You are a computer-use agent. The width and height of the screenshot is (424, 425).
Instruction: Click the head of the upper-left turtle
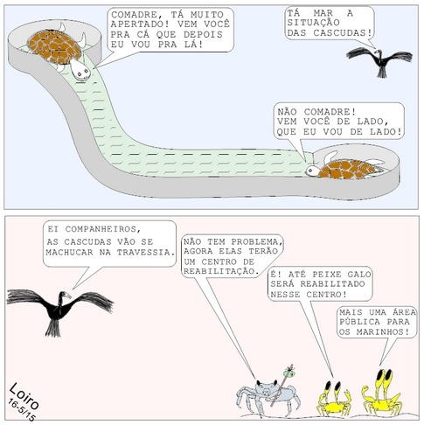pos(80,70)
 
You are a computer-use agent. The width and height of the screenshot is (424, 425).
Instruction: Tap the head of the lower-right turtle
pos(313,171)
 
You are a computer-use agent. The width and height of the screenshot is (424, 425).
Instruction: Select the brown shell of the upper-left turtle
pos(54,46)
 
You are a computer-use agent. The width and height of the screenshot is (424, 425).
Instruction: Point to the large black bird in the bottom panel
pos(59,310)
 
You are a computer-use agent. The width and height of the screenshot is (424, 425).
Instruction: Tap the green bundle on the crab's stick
pos(289,372)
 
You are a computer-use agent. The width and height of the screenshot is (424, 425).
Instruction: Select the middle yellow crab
pos(334,400)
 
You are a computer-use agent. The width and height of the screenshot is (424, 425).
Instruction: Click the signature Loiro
pos(24,396)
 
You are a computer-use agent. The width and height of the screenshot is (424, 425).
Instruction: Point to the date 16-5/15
pos(21,410)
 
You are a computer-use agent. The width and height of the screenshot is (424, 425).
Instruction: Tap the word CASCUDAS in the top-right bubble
pos(344,32)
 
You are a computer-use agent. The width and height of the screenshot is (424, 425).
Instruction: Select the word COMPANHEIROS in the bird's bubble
pos(102,229)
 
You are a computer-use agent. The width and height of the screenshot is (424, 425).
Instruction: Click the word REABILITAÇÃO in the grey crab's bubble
pos(221,271)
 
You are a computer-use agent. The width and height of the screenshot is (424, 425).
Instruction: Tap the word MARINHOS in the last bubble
pos(383,332)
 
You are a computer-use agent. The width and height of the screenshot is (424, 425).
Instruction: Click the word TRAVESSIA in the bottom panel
pos(146,253)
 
